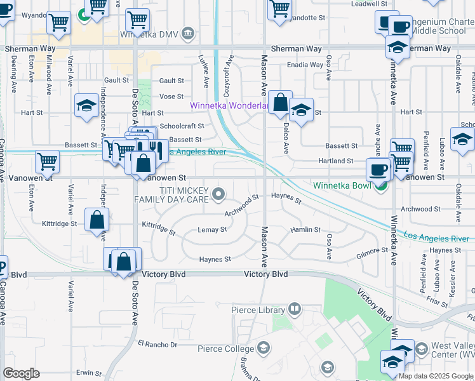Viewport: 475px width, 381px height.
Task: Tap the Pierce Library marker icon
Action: tap(294, 310)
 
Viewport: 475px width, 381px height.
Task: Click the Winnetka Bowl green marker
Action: tap(380, 185)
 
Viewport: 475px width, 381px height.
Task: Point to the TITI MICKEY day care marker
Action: tap(218, 192)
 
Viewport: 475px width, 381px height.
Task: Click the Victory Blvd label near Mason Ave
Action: tap(266, 274)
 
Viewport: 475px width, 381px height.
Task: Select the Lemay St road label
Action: tap(212, 229)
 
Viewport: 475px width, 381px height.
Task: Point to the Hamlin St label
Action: tap(305, 229)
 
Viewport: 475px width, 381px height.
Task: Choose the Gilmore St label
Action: tap(372, 251)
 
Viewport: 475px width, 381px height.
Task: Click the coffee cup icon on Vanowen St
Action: tap(378, 170)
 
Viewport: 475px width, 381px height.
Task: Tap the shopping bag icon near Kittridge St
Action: tap(97, 220)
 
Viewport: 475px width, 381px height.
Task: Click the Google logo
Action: tap(21, 373)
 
